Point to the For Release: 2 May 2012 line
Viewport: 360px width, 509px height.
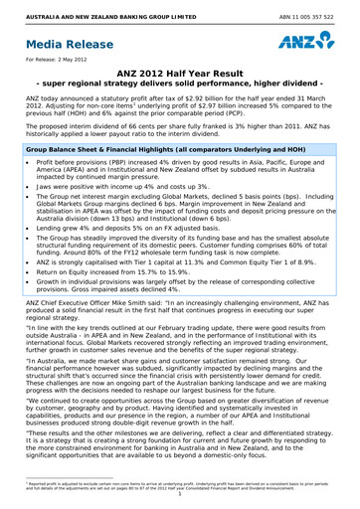coord(54,64)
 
